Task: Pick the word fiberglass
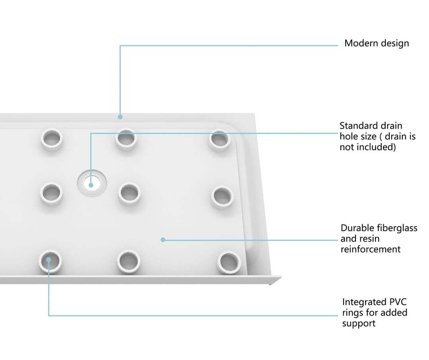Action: (397, 228)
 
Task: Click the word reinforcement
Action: (371, 249)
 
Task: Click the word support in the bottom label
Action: (359, 323)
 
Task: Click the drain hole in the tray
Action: (92, 183)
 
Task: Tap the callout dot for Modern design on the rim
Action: (120, 117)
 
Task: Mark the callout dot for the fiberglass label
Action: (163, 240)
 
